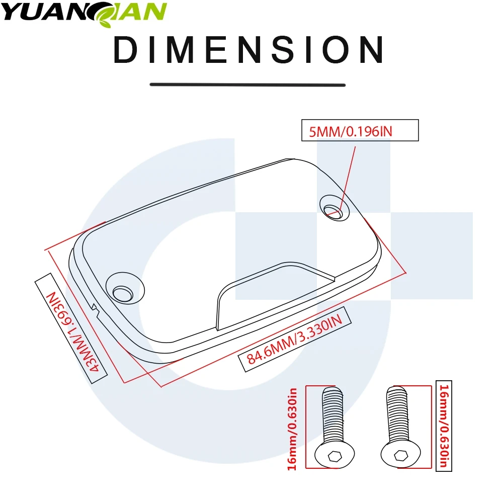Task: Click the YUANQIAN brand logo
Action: [83, 12]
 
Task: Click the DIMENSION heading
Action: [248, 50]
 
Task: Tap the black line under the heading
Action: [248, 85]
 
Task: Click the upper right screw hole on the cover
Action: [333, 211]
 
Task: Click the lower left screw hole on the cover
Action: [122, 292]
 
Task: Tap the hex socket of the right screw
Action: [400, 455]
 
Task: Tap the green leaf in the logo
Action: [109, 13]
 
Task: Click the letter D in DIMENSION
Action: [126, 50]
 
